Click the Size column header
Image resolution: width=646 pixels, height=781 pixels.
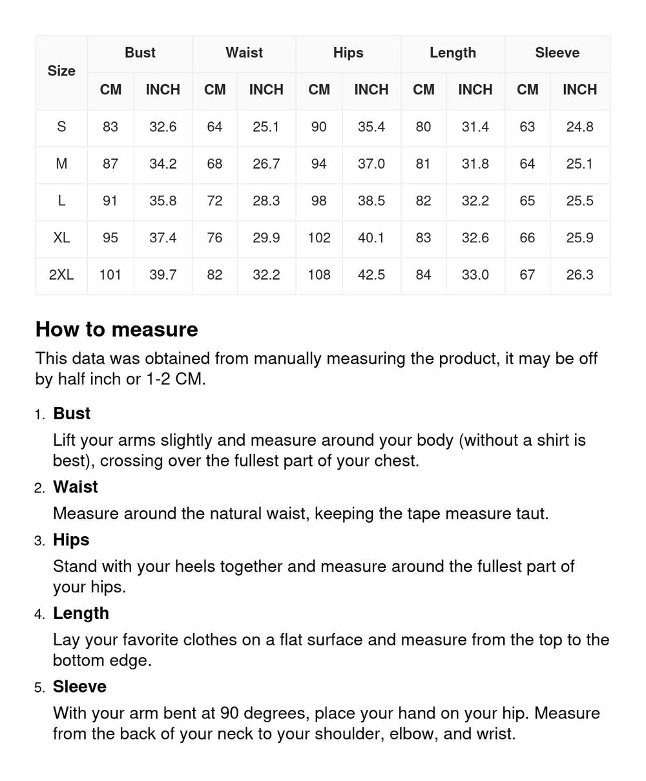pos(61,71)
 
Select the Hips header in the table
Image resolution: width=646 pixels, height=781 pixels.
pos(348,53)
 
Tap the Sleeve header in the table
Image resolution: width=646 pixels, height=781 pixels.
pos(557,53)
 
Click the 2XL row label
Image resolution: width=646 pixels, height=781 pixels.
pos(61,275)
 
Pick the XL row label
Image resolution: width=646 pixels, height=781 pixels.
pos(61,238)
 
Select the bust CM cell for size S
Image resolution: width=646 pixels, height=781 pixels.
pos(110,127)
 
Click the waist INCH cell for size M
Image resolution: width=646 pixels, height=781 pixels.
pos(266,164)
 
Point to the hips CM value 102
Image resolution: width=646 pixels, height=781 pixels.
pos(319,238)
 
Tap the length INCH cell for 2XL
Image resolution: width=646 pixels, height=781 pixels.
pos(475,275)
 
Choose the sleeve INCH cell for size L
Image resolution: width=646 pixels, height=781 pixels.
pos(579,201)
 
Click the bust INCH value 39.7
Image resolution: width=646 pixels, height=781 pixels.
pos(163,275)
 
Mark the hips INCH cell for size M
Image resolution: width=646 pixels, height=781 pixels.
pos(371,164)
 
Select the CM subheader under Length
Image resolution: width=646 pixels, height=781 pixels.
pos(424,90)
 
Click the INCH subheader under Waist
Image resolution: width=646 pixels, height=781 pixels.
pos(266,90)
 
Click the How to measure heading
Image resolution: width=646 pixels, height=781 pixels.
pos(117,329)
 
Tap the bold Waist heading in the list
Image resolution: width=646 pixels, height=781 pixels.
pos(76,487)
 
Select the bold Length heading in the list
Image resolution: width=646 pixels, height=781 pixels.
pos(81,613)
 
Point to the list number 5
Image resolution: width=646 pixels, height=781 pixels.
pos(39,688)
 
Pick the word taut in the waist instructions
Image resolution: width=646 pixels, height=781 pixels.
pos(530,514)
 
